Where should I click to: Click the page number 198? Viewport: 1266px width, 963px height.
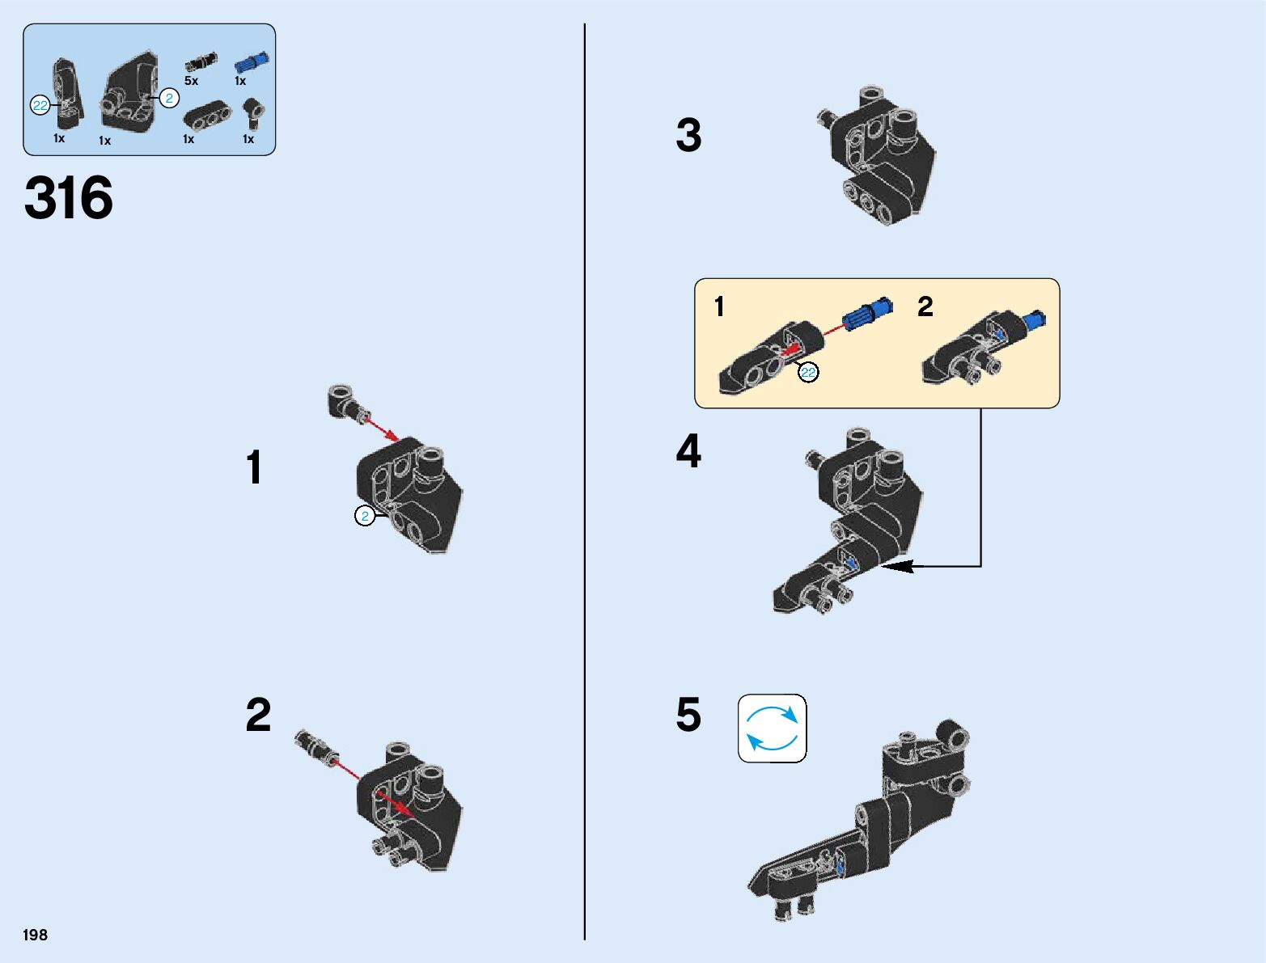coord(35,935)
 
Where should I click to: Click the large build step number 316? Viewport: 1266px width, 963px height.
coord(69,197)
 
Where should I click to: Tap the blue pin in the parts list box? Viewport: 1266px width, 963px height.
coord(252,61)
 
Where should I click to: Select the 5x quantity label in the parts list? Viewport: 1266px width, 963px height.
coord(191,81)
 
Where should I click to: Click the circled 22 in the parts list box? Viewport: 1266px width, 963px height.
coord(40,105)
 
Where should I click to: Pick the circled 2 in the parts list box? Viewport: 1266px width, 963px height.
coord(169,99)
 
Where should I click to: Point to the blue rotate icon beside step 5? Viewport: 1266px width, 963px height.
coord(773,728)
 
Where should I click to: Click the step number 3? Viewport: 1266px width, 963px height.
coord(688,135)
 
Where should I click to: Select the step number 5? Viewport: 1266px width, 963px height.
coord(688,715)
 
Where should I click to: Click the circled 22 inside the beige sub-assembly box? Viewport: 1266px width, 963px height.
coord(808,372)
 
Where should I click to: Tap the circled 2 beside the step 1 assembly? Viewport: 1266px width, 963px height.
coord(365,516)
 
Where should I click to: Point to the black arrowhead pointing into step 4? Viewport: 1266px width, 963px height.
coord(898,567)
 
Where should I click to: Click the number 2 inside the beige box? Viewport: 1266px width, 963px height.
coord(925,306)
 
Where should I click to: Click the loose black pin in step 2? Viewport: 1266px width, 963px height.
coord(316,747)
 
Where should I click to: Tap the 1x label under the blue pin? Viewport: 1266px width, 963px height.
coord(240,81)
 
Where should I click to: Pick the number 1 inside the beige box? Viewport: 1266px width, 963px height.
coord(719,306)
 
